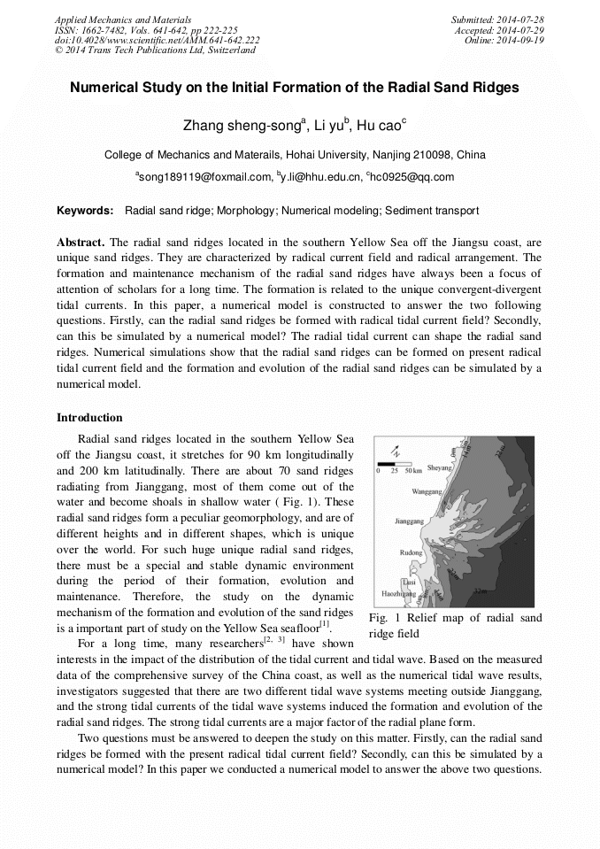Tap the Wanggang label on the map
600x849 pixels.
tap(427, 490)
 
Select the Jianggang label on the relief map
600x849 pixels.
tap(409, 522)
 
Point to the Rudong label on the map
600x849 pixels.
tap(412, 552)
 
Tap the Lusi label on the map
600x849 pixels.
tap(408, 582)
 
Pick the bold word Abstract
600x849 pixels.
tap(81, 243)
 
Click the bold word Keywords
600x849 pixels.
tap(85, 211)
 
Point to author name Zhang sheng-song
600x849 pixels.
tap(241, 126)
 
